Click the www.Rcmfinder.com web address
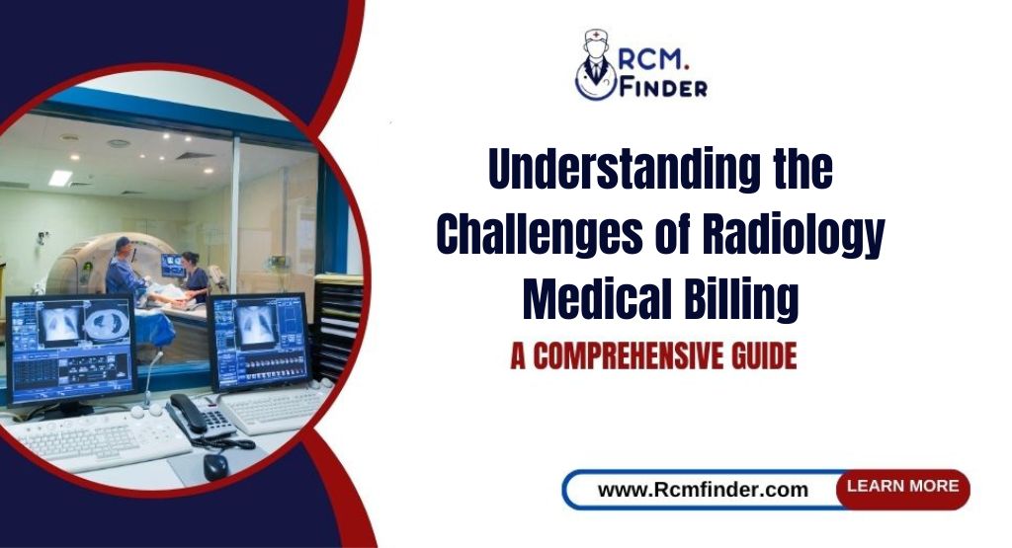703,490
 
